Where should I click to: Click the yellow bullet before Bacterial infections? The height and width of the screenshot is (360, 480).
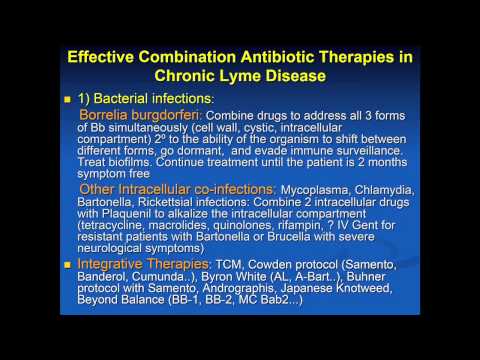pyautogui.click(x=69, y=102)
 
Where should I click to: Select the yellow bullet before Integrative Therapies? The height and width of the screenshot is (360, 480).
pyautogui.click(x=69, y=263)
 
